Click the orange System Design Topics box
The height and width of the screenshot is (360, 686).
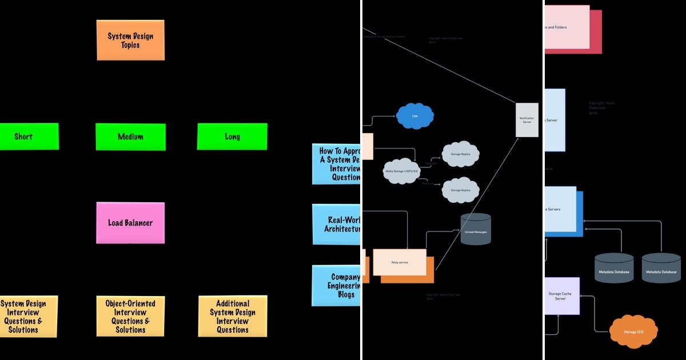[x=130, y=40]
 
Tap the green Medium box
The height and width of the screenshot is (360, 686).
[x=130, y=137]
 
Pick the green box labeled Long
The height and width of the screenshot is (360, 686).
[x=232, y=137]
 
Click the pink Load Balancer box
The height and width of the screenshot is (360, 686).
[x=130, y=223]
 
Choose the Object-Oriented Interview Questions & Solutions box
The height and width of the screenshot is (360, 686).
[x=130, y=316]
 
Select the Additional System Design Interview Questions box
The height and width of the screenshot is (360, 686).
[x=233, y=316]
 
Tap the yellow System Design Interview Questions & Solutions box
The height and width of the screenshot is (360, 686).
[x=28, y=316]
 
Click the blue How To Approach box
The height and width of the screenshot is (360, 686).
[x=337, y=164]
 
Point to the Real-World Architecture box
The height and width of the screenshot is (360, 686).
[x=337, y=224]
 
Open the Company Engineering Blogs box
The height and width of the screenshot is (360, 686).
[x=337, y=285]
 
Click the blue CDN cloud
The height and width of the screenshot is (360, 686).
[x=415, y=116]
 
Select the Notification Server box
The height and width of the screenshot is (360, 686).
[x=527, y=120]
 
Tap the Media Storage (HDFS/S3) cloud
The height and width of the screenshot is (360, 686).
[x=401, y=171]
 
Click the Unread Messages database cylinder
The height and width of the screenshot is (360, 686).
[x=476, y=230]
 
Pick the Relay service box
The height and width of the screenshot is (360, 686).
[x=399, y=262]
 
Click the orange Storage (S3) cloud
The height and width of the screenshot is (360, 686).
[x=633, y=331]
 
